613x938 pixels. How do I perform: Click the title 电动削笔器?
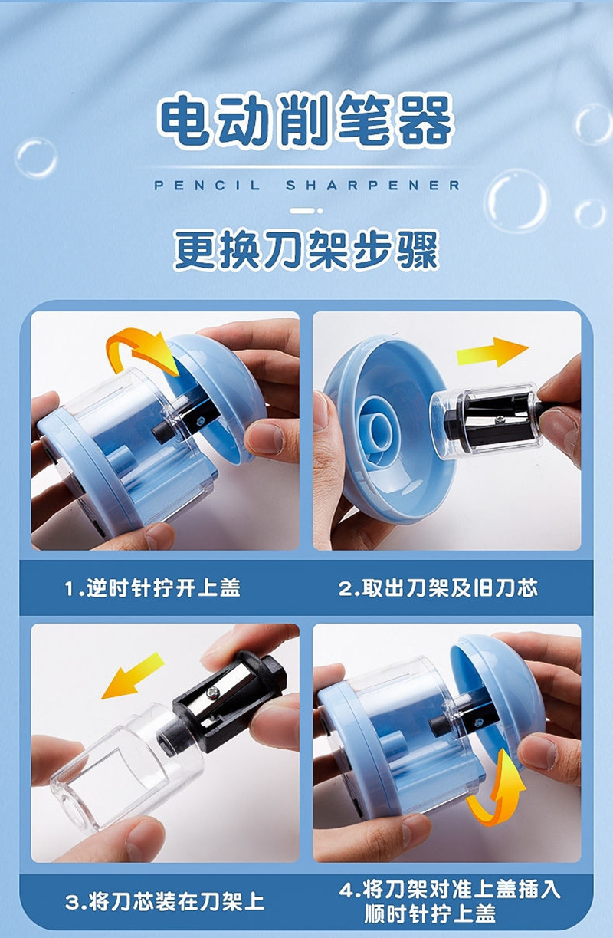(x=306, y=121)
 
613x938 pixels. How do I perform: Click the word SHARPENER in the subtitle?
(x=373, y=186)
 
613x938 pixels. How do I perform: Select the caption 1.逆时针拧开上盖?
(x=152, y=588)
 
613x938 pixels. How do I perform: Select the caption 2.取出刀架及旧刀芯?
(x=438, y=588)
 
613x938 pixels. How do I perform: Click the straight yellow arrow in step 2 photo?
(x=492, y=353)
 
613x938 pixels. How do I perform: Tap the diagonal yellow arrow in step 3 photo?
(x=133, y=676)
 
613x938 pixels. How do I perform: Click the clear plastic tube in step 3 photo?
(x=115, y=767)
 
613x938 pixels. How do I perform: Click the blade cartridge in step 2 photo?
(x=487, y=418)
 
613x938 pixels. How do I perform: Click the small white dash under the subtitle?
(x=306, y=209)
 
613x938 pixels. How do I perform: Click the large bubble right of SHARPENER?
(x=516, y=201)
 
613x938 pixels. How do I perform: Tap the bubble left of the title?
(x=35, y=158)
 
